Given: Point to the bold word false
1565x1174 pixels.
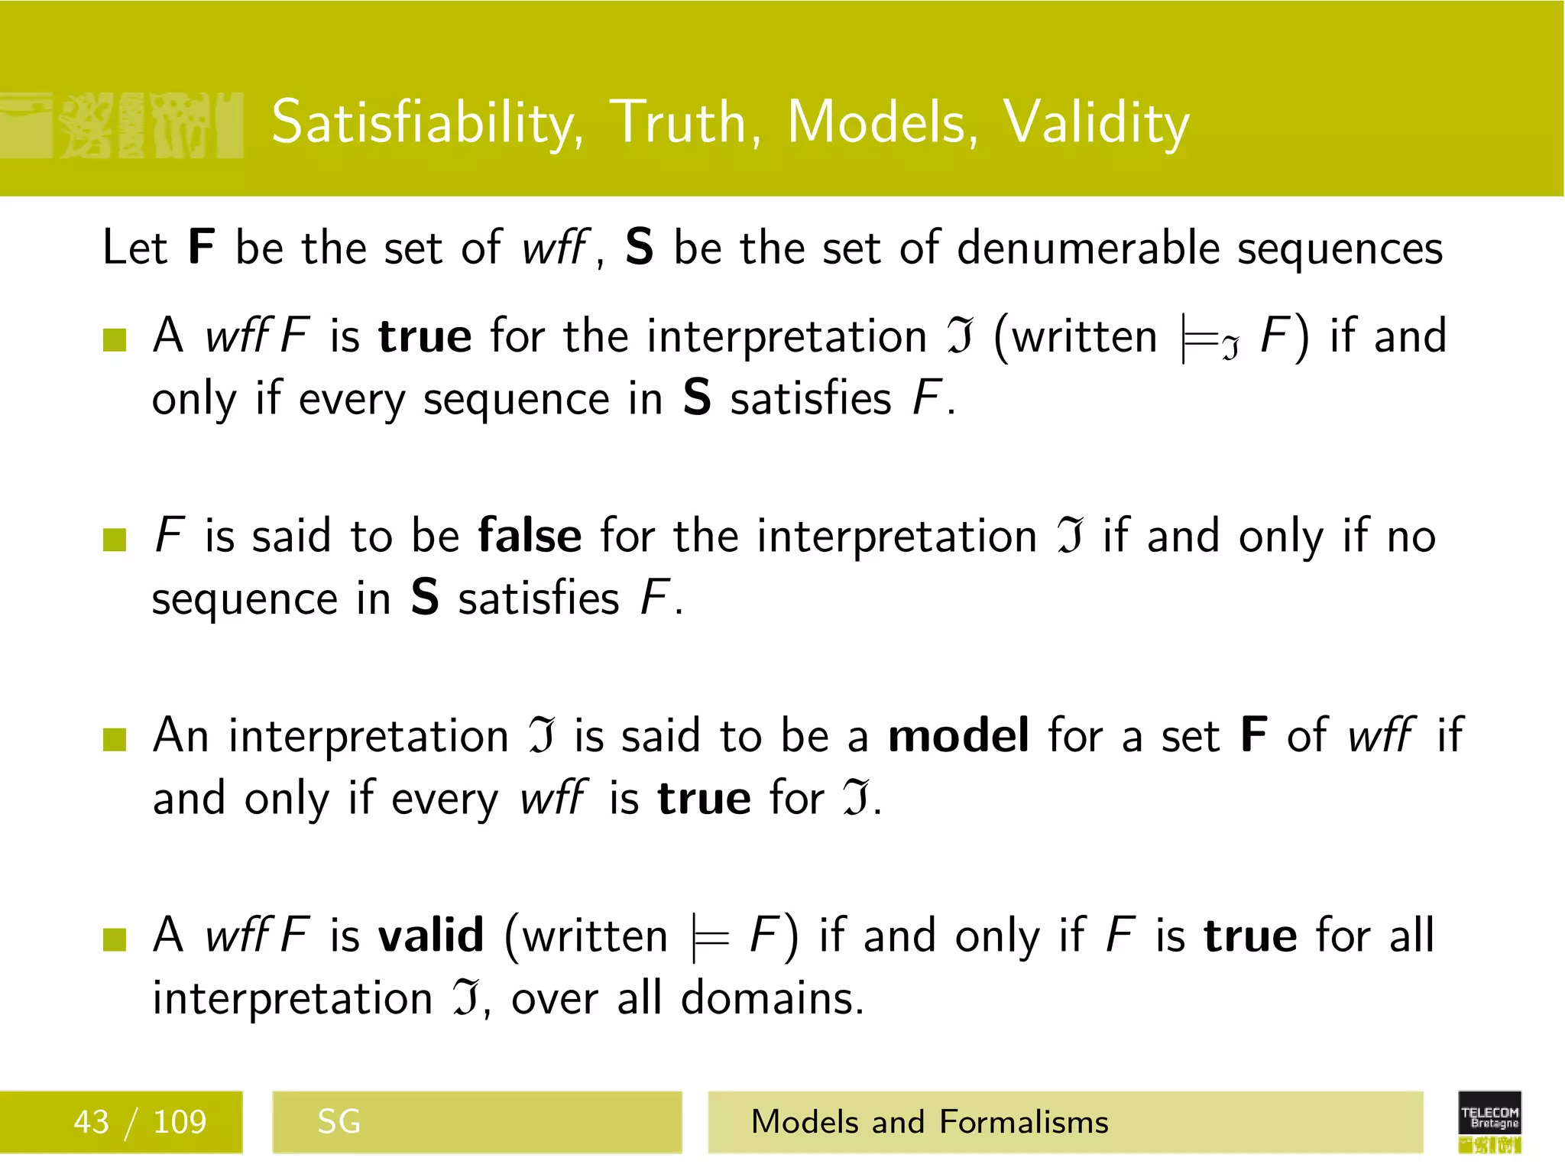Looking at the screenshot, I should pyautogui.click(x=530, y=536).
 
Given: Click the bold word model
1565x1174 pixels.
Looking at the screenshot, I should pyautogui.click(x=958, y=736).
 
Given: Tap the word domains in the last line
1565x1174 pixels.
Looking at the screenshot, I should pyautogui.click(x=772, y=998).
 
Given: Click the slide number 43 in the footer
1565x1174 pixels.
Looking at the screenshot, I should pyautogui.click(x=91, y=1122).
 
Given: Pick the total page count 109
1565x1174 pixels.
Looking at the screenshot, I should pyautogui.click(x=180, y=1122).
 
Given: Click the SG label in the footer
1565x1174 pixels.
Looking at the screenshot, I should pyautogui.click(x=339, y=1122).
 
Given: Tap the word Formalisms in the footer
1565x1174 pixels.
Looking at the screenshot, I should pyautogui.click(x=1023, y=1122).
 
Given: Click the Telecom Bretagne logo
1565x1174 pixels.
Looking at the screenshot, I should pyautogui.click(x=1489, y=1121).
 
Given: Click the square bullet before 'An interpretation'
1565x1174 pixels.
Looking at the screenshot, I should pyautogui.click(x=115, y=739).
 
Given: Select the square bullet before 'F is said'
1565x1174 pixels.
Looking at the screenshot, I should pyautogui.click(x=115, y=539).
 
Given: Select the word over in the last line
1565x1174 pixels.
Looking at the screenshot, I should pyautogui.click(x=554, y=999).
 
